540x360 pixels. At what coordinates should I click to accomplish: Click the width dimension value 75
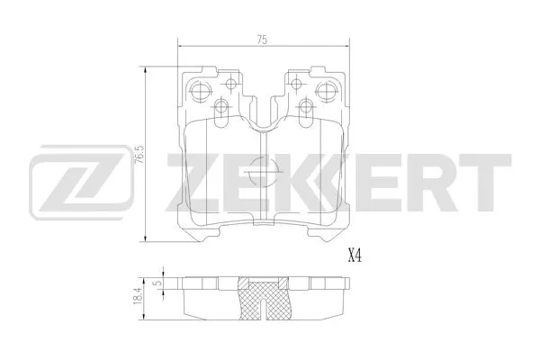261,39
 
